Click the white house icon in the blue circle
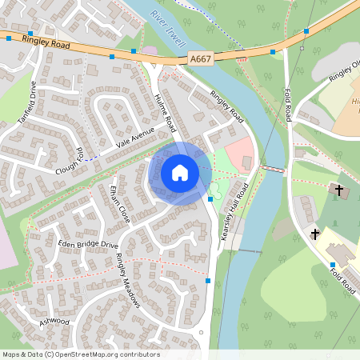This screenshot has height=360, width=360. [x=180, y=172]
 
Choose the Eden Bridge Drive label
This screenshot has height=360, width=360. [x=87, y=242]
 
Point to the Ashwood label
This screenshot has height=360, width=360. [x=54, y=322]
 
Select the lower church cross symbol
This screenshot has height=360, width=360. [x=315, y=234]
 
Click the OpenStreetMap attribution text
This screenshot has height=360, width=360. [x=81, y=354]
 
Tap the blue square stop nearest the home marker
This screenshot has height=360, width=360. [x=210, y=198]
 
